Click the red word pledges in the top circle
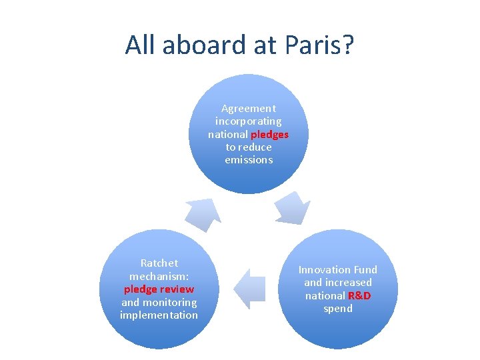(269, 134)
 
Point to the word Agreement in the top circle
(248, 108)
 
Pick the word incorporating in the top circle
(248, 121)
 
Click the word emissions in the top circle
(249, 160)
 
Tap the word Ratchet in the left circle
(159, 263)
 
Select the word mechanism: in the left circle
(159, 276)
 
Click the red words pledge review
(159, 289)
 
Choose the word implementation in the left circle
(159, 315)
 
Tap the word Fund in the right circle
(365, 270)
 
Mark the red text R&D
(359, 295)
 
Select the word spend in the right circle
(337, 309)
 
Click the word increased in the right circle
(349, 283)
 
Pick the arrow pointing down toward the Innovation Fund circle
(293, 208)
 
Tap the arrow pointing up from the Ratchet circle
(203, 213)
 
